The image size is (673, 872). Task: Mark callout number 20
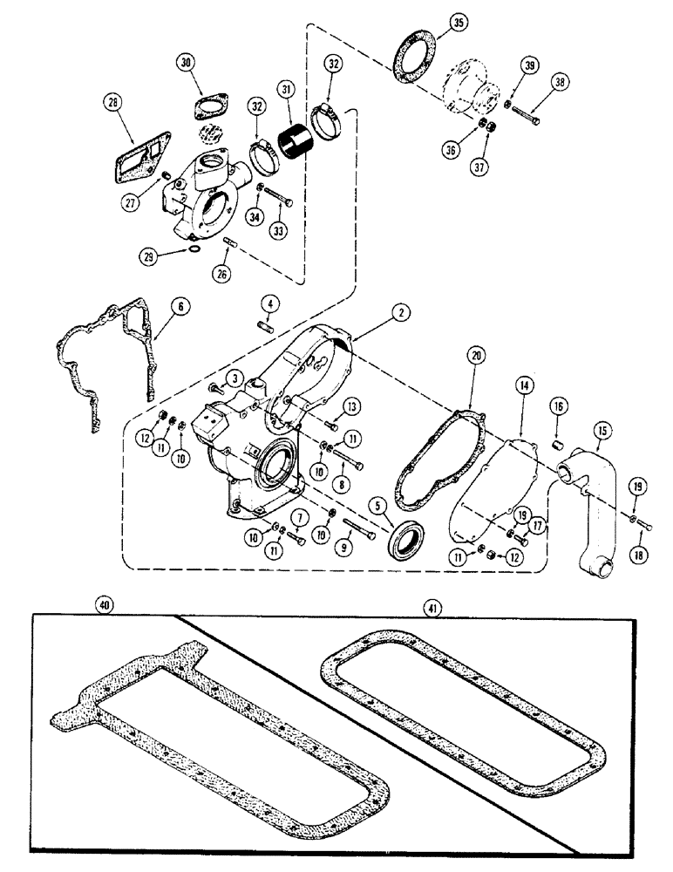pyautogui.click(x=475, y=358)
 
